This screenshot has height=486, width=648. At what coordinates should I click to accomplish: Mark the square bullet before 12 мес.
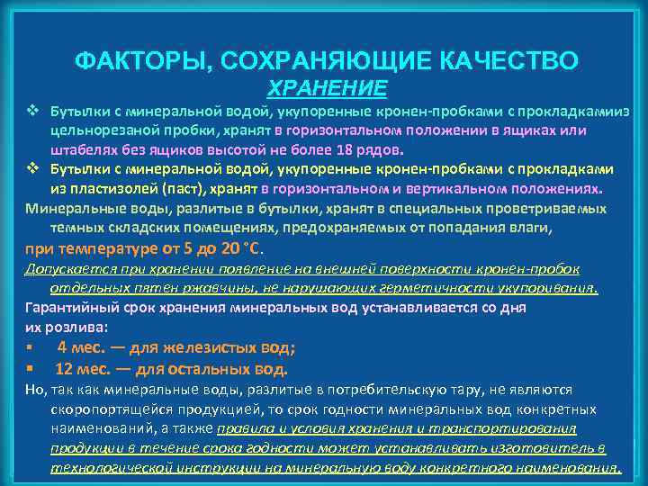coord(31,368)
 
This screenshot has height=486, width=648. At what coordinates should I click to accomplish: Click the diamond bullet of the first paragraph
coord(31,112)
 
